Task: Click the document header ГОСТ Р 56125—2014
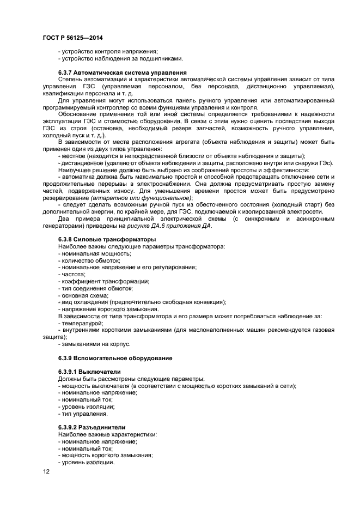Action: (x=72, y=38)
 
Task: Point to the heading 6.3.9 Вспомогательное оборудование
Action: (x=115, y=358)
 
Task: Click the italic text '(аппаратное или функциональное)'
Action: (x=144, y=198)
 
